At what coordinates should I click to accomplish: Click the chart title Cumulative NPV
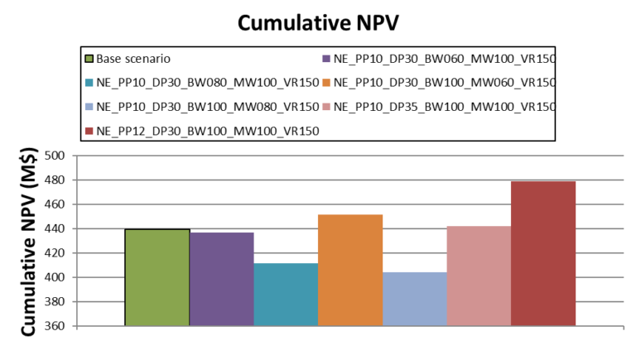click(317, 22)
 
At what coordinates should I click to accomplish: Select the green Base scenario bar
click(157, 277)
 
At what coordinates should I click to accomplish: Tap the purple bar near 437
click(222, 279)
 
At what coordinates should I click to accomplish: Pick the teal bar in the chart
click(286, 295)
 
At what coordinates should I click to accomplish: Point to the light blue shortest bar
click(415, 299)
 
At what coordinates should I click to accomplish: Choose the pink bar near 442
click(479, 276)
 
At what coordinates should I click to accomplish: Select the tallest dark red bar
click(543, 253)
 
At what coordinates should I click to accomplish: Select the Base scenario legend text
click(133, 59)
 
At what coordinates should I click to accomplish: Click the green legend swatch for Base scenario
click(89, 59)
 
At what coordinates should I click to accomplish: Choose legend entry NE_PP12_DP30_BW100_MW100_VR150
click(207, 131)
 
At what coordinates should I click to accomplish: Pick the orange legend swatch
click(325, 83)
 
